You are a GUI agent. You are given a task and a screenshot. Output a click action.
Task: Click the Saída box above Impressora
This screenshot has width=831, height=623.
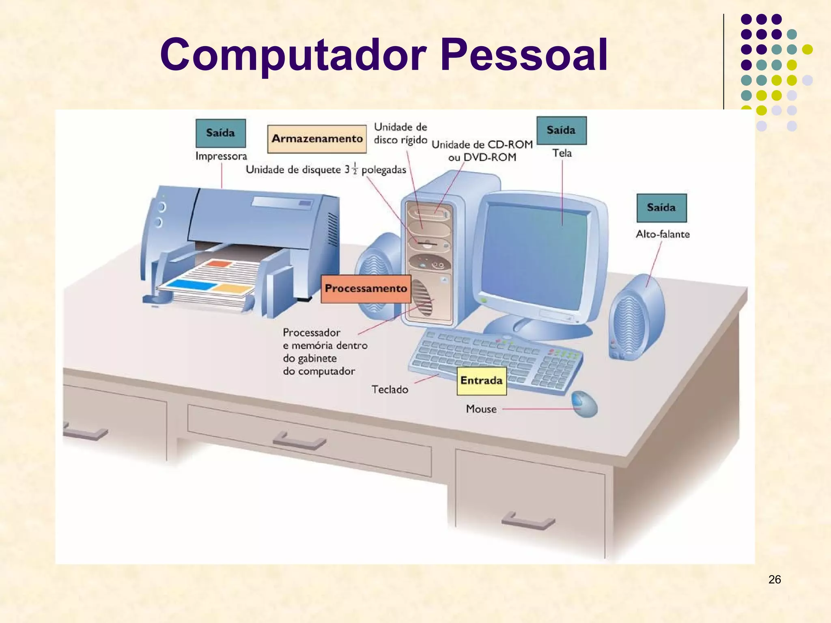tap(220, 133)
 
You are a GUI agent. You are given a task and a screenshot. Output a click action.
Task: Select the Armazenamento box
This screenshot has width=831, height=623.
tap(317, 139)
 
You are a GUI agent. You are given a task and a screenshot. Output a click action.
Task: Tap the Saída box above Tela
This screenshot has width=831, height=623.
tap(561, 130)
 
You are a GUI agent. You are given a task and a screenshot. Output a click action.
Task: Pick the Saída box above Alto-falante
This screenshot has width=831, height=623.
tap(661, 208)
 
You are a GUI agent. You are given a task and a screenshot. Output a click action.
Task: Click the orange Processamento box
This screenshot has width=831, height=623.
tap(366, 288)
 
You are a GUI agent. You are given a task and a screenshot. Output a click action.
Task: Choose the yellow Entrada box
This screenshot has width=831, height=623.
tap(482, 381)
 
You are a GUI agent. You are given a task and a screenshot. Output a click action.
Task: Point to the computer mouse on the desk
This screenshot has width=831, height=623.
tap(585, 404)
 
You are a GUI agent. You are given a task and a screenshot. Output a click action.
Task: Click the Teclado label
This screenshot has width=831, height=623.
tap(390, 390)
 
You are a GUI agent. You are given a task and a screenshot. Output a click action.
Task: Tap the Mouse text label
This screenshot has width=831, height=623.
tap(481, 409)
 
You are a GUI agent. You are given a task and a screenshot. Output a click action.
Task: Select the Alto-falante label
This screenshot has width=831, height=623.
tap(663, 234)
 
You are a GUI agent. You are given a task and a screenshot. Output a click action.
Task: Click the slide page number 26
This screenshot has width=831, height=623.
tap(774, 580)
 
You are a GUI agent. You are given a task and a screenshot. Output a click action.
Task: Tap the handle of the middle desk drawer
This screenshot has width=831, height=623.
tap(299, 441)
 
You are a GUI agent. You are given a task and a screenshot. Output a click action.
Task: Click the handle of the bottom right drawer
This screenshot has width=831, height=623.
tap(528, 521)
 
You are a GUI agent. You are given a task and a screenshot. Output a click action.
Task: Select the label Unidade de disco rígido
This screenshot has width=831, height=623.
tap(400, 133)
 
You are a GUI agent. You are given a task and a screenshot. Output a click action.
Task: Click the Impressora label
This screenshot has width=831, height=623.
tap(221, 156)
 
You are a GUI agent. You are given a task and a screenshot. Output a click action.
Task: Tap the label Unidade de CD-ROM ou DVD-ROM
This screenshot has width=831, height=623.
tap(482, 151)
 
